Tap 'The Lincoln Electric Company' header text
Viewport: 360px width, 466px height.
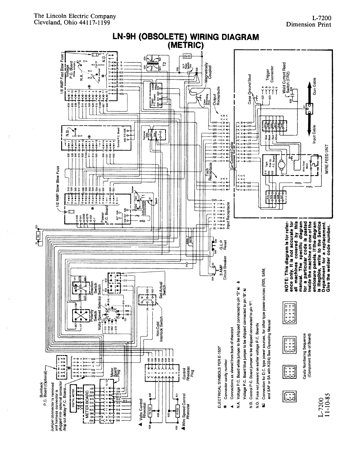(x=75, y=16)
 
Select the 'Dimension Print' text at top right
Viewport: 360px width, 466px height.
(x=309, y=24)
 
